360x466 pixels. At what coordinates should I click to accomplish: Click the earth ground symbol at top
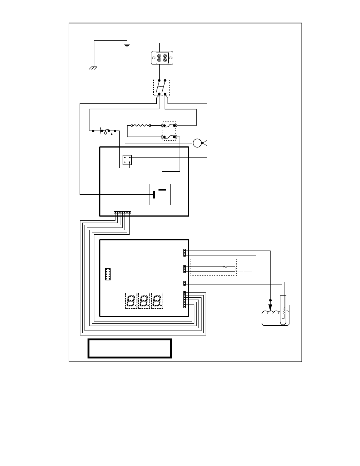tap(127, 46)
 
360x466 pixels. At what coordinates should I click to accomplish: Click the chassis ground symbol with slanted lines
tap(93, 68)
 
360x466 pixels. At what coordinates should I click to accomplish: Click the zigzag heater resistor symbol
tap(140, 125)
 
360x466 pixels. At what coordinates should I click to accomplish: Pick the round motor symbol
tap(197, 143)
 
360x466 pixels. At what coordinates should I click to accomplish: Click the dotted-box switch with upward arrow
tap(105, 131)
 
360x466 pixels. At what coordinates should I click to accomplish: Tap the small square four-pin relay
tap(127, 160)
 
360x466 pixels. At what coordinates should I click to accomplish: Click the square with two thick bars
tap(160, 194)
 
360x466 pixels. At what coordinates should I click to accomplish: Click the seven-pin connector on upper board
tap(122, 213)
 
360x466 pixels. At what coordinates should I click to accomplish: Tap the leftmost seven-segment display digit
tap(131, 301)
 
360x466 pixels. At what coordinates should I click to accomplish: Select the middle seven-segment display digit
tap(144, 301)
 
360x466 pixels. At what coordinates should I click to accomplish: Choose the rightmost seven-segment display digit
tap(157, 301)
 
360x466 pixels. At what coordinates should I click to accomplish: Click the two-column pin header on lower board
tap(108, 274)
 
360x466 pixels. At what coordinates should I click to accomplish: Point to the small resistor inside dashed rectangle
tap(225, 267)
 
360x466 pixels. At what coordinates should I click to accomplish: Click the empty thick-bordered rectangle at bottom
tap(129, 348)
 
